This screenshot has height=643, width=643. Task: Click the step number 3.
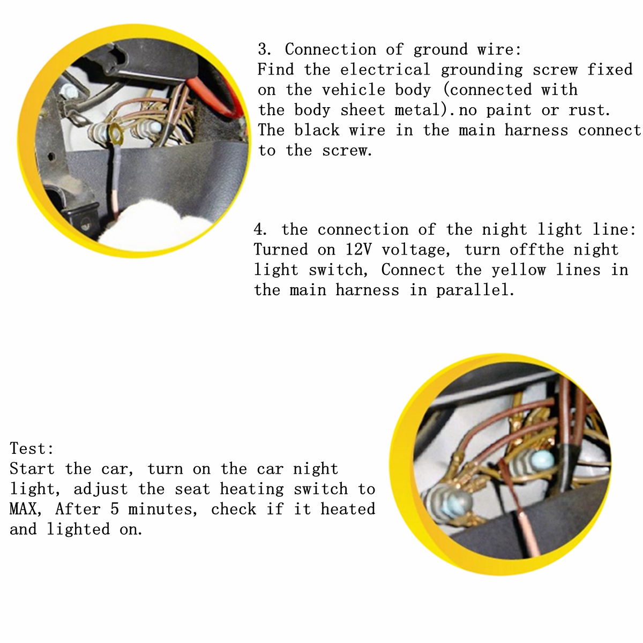pos(263,49)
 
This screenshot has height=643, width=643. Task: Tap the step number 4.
pos(259,229)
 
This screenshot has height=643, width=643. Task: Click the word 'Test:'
pos(32,448)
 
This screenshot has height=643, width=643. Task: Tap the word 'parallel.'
pos(475,290)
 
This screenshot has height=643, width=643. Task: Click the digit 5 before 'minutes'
pos(115,509)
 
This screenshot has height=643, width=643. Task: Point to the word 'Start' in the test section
pos(32,468)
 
